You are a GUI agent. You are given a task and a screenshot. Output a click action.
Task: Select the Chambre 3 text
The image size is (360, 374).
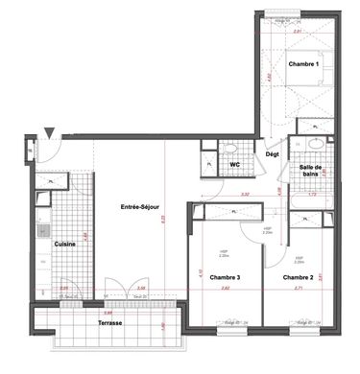225,278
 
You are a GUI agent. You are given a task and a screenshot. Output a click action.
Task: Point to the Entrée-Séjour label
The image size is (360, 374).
139,207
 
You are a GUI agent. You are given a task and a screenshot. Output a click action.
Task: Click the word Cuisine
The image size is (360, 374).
64,245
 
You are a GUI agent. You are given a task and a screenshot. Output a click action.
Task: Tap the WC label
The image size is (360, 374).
233,164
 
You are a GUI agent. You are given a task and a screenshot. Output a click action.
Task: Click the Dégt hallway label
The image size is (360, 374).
272,153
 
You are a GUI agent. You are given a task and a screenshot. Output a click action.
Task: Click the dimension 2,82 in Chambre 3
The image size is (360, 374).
226,287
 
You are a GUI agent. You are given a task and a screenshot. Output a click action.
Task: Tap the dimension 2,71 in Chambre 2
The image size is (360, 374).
299,287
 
